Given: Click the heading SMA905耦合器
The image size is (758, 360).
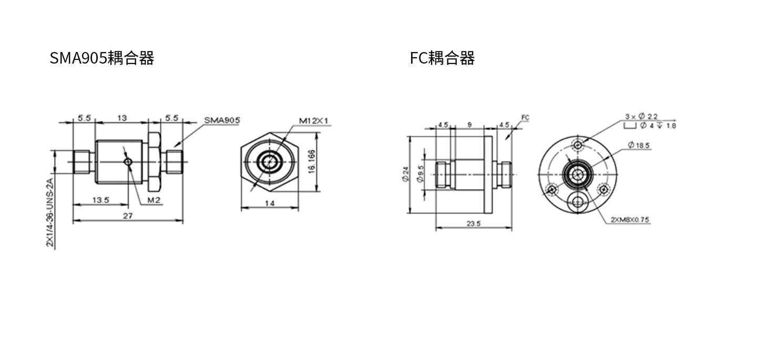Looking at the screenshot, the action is pyautogui.click(x=102, y=58).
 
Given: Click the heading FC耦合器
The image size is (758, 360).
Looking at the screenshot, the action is pyautogui.click(x=442, y=58).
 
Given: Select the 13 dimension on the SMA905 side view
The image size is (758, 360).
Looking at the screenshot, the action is pyautogui.click(x=122, y=118).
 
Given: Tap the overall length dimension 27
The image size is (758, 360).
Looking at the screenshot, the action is pyautogui.click(x=128, y=216).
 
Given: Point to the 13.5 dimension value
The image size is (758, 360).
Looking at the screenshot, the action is pyautogui.click(x=101, y=200).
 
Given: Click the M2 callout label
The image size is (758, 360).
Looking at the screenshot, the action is pyautogui.click(x=153, y=200).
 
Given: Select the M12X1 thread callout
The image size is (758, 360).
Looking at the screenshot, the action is pyautogui.click(x=314, y=121).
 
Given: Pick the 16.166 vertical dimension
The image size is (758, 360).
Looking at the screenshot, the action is pyautogui.click(x=312, y=162).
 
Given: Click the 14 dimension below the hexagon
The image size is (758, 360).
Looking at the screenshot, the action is pyautogui.click(x=270, y=203).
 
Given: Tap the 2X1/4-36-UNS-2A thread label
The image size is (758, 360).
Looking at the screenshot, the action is pyautogui.click(x=50, y=212).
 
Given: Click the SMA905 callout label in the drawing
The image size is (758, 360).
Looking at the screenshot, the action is pyautogui.click(x=222, y=120).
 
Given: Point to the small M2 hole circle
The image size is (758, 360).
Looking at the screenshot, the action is pyautogui.click(x=128, y=162).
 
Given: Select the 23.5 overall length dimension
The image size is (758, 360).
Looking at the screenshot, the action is pyautogui.click(x=474, y=224).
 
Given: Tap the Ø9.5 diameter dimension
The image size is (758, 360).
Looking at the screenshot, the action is pyautogui.click(x=421, y=174).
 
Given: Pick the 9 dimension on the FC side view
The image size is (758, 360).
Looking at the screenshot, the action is pyautogui.click(x=469, y=125).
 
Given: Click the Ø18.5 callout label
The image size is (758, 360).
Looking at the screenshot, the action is pyautogui.click(x=639, y=146).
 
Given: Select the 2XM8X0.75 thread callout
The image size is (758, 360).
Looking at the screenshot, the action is pyautogui.click(x=630, y=220).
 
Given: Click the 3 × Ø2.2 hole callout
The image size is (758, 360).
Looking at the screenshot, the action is pyautogui.click(x=641, y=117).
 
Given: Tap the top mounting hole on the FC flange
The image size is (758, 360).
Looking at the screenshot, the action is pyautogui.click(x=578, y=146).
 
